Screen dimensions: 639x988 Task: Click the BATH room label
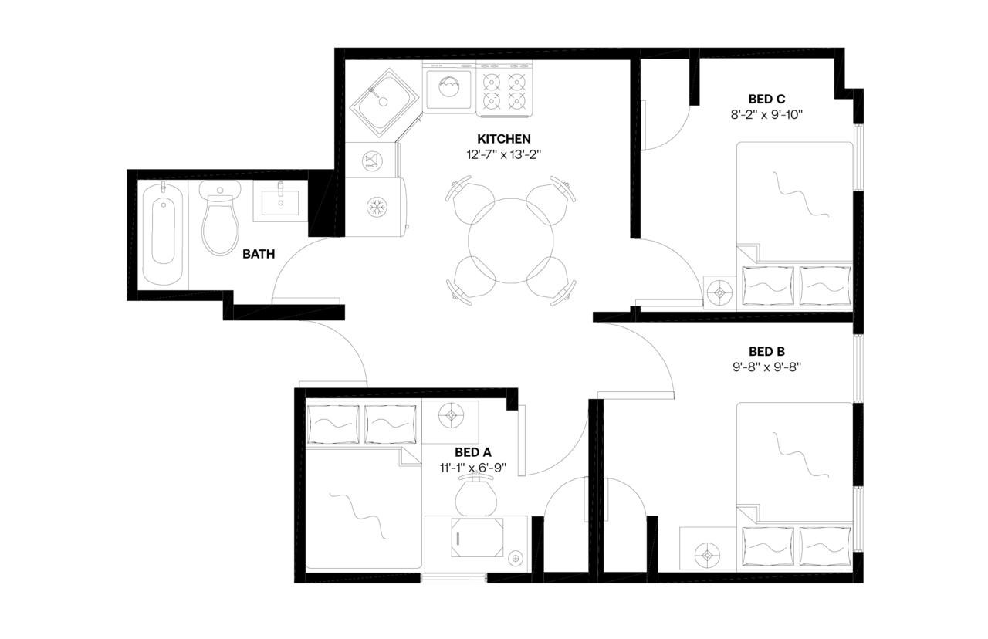pos(259,254)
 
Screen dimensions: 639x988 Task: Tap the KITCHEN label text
pos(503,139)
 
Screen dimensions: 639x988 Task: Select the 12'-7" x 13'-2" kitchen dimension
pos(503,154)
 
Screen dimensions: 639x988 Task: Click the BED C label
pos(766,99)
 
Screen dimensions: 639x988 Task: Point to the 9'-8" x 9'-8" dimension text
pos(766,367)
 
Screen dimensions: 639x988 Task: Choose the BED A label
pos(473,452)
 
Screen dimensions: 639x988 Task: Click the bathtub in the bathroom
pos(163,231)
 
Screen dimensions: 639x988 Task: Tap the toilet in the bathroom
pos(220,219)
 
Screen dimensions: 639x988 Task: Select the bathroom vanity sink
pos(280,201)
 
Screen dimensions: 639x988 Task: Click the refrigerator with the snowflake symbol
pos(376,206)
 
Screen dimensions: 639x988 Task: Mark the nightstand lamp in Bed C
pos(720,292)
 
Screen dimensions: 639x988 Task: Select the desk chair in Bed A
pos(475,495)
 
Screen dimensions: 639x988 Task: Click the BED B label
pos(766,352)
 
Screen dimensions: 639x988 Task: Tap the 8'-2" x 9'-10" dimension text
pos(766,114)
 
